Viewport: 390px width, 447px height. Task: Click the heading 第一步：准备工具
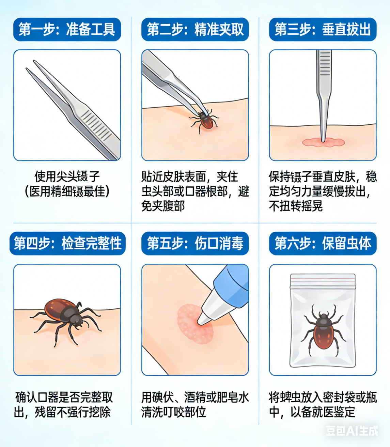point(67,29)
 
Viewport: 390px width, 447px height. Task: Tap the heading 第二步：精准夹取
point(195,29)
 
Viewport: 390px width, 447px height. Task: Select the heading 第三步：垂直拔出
point(323,29)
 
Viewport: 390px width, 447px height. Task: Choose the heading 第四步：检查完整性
point(67,243)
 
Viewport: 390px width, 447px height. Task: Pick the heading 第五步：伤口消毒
point(195,243)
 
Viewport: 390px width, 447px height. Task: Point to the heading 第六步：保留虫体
point(323,243)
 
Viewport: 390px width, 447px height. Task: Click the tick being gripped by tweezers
point(205,121)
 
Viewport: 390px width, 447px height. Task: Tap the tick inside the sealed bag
point(323,330)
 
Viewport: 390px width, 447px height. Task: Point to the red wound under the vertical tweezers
point(323,142)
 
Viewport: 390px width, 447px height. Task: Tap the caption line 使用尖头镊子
point(67,176)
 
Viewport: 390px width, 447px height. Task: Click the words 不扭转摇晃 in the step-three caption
point(296,206)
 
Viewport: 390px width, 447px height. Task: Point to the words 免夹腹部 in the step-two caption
point(163,206)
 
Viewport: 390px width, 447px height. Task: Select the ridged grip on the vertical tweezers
point(324,64)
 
